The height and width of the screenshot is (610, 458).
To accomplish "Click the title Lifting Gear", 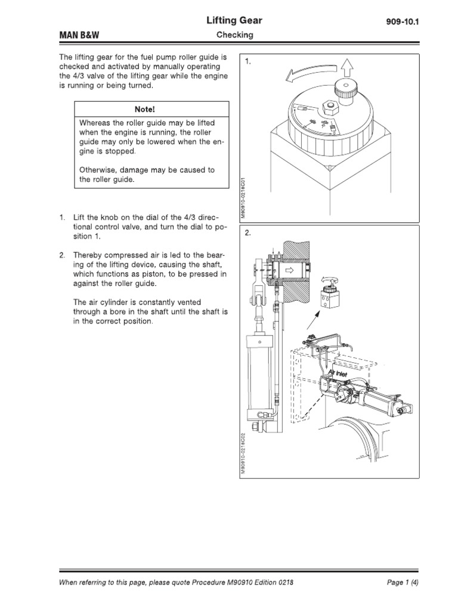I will click(234, 21).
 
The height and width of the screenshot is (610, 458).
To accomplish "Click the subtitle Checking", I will click(234, 35).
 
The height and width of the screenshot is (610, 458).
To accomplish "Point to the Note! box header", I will click(151, 109).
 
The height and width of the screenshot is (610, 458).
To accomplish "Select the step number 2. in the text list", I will click(61, 256).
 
